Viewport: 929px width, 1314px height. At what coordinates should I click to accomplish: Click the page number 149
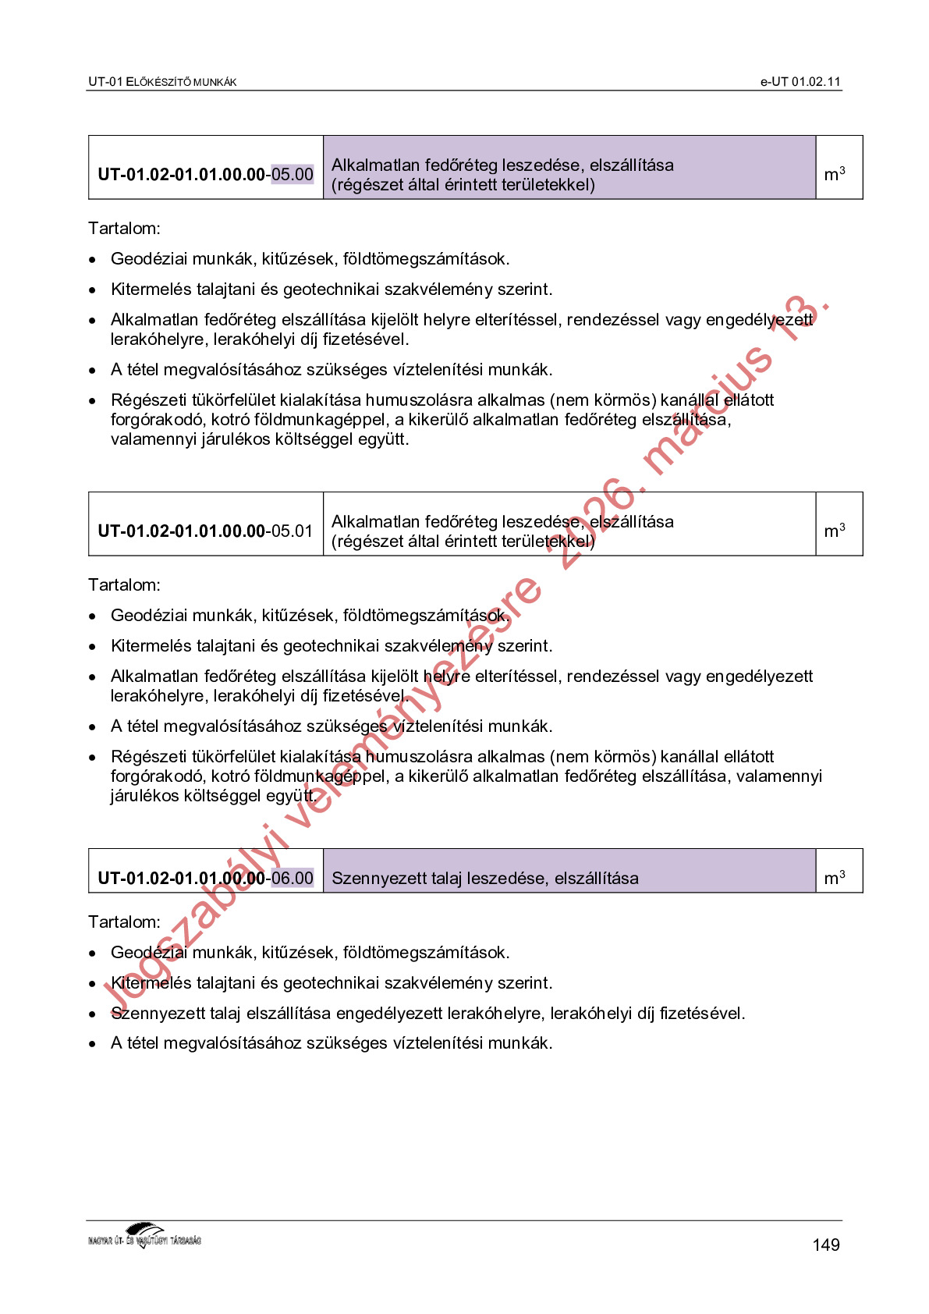coord(825,1245)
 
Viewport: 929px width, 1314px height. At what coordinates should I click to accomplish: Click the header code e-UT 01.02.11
coord(800,82)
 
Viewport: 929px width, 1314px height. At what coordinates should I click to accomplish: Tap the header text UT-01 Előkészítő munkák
coord(162,82)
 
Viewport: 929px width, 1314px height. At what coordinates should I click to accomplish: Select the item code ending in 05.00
coord(205,174)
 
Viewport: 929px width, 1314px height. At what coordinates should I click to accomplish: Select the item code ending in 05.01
coord(205,531)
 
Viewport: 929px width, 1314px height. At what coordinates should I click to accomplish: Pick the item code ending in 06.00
coord(205,878)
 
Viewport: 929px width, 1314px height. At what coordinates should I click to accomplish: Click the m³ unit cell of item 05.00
coord(835,174)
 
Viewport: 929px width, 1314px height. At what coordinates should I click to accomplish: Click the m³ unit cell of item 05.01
coord(835,531)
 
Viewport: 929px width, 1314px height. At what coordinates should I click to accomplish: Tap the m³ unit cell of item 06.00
coord(835,878)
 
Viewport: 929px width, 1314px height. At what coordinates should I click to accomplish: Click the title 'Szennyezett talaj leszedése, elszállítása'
coord(484,879)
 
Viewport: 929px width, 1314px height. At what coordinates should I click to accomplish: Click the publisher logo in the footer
coord(145,1236)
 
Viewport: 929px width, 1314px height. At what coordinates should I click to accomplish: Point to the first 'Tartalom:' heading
coord(124,229)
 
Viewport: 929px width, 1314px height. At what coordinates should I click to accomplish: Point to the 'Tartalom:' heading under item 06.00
coord(124,922)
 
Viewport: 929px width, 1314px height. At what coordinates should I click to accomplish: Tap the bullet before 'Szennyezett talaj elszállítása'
coord(93,1014)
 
